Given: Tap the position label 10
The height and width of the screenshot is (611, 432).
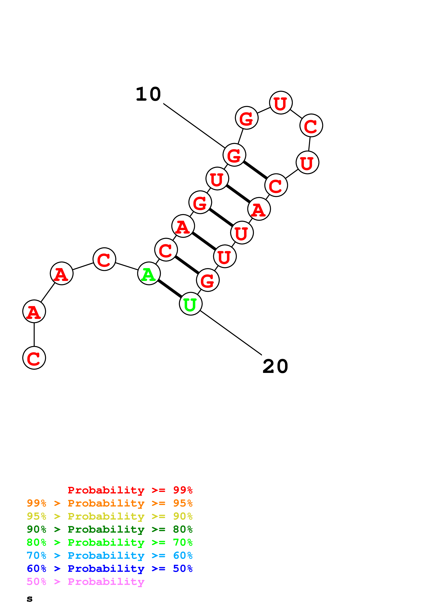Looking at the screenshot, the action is point(148,94).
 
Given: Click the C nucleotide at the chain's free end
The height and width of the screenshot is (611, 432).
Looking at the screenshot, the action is point(34,358).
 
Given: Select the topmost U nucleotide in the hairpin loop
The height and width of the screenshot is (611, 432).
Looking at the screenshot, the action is point(281,103).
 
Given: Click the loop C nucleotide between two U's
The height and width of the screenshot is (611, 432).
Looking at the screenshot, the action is point(311,125).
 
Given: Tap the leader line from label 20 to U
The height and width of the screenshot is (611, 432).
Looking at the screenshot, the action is point(231,333).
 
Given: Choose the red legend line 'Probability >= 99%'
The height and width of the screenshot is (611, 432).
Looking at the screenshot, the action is point(130,490).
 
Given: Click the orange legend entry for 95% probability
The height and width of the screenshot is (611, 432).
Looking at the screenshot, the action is point(109,503).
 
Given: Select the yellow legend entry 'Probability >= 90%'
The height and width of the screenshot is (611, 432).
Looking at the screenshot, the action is point(109,516).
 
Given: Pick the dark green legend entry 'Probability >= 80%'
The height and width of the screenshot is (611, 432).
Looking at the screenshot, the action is point(109,529).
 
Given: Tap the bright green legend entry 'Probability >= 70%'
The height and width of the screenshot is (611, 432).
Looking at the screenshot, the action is point(109,542).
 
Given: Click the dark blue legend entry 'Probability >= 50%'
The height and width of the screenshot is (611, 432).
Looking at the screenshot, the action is point(109,569).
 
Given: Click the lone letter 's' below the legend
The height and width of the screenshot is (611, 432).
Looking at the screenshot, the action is point(30,599).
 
